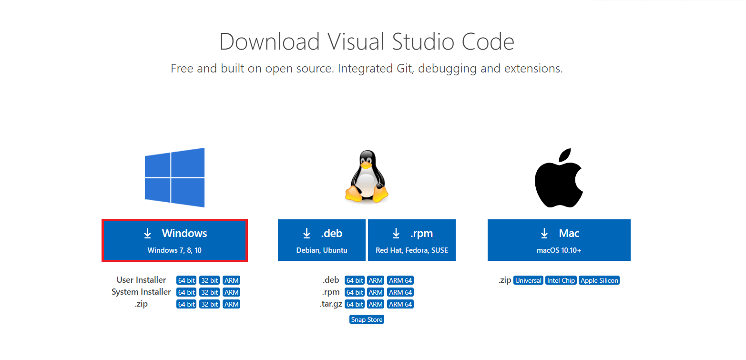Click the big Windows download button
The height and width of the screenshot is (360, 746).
pyautogui.click(x=174, y=240)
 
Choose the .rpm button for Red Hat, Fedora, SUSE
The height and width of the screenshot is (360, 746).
pyautogui.click(x=412, y=240)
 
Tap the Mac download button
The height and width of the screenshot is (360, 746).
pyautogui.click(x=559, y=240)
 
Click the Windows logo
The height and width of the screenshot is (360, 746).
pyautogui.click(x=174, y=177)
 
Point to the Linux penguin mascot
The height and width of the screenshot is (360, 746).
pyautogui.click(x=367, y=176)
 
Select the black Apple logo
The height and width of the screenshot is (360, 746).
pyautogui.click(x=559, y=178)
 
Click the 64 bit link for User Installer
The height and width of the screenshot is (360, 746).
pyautogui.click(x=186, y=280)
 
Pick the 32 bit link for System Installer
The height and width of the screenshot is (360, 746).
pyautogui.click(x=209, y=292)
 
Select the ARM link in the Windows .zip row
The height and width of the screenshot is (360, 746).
pyautogui.click(x=232, y=304)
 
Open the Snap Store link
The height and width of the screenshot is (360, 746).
pyautogui.click(x=367, y=319)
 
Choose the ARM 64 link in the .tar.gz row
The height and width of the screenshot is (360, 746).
pyautogui.click(x=400, y=304)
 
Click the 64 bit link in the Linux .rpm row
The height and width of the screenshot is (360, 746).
pyautogui.click(x=354, y=292)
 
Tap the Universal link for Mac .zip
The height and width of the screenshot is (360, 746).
pyautogui.click(x=528, y=280)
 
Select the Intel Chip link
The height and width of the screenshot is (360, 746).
pyautogui.click(x=561, y=280)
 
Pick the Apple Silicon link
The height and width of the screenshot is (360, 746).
pyautogui.click(x=599, y=280)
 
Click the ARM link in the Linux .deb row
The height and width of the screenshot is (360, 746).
pyautogui.click(x=376, y=280)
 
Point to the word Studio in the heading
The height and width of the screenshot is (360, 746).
pyautogui.click(x=423, y=42)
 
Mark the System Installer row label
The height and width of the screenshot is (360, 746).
pyautogui.click(x=141, y=292)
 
